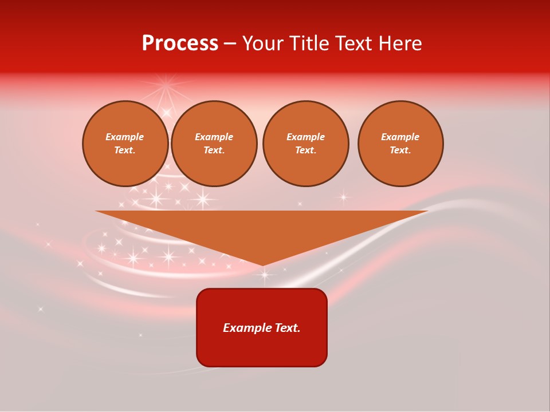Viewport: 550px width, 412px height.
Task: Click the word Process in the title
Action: pos(180,43)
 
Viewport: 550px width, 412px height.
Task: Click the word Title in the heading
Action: pos(307,43)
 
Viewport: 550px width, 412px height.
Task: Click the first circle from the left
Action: pos(125,144)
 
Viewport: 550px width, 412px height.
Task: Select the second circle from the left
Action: pos(214,144)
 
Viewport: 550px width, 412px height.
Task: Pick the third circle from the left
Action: pos(305,144)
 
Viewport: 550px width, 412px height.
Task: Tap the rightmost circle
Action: pos(400,144)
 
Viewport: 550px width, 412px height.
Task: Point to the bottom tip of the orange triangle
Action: pos(263,265)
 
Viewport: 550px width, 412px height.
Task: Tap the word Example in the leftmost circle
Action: pos(125,137)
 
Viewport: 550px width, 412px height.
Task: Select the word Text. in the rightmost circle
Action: pos(400,150)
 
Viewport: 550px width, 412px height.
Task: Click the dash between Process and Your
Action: pos(230,43)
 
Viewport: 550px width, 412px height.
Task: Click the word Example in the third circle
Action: pos(305,137)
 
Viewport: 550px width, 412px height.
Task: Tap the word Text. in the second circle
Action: pos(214,150)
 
